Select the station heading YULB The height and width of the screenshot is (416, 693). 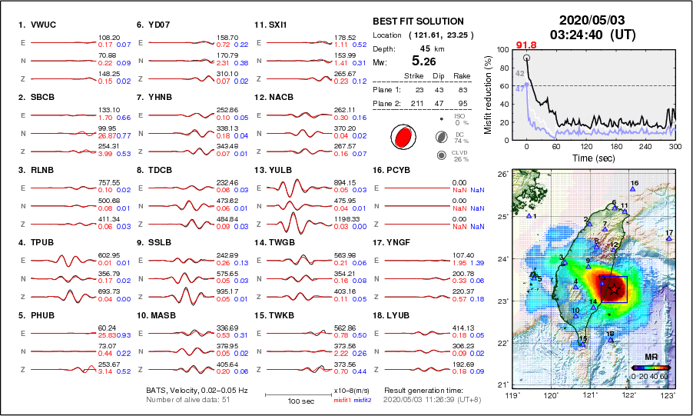pos(284,170)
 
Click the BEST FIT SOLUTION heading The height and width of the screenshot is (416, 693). pos(417,22)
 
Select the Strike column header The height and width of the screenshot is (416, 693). pos(416,75)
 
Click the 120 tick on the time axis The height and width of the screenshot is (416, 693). pos(586,146)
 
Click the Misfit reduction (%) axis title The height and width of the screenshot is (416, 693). pos(488,94)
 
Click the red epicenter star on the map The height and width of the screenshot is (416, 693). pos(615,289)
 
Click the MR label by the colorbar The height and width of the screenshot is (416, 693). pos(650,358)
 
